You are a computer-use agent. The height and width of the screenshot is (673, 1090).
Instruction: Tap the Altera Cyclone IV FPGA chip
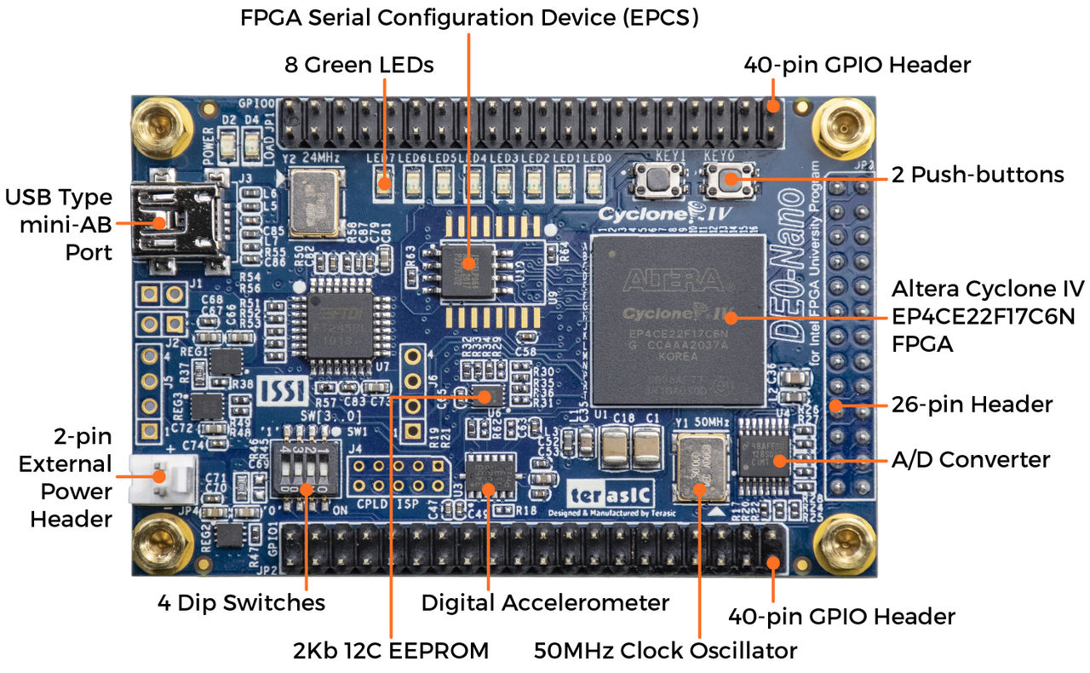click(x=678, y=319)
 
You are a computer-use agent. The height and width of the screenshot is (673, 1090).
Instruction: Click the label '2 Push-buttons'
click(x=978, y=175)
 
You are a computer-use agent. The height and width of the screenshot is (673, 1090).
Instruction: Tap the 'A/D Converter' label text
click(x=970, y=460)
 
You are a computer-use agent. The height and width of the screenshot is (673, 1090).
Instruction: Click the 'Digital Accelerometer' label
click(x=545, y=603)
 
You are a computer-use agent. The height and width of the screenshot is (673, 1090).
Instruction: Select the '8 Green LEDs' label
click(x=359, y=65)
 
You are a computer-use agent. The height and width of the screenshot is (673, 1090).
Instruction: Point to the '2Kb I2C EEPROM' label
click(x=390, y=652)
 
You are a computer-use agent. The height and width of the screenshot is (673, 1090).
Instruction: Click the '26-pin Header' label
click(x=972, y=404)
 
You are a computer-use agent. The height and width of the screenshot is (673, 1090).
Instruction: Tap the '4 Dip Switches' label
click(x=241, y=603)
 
